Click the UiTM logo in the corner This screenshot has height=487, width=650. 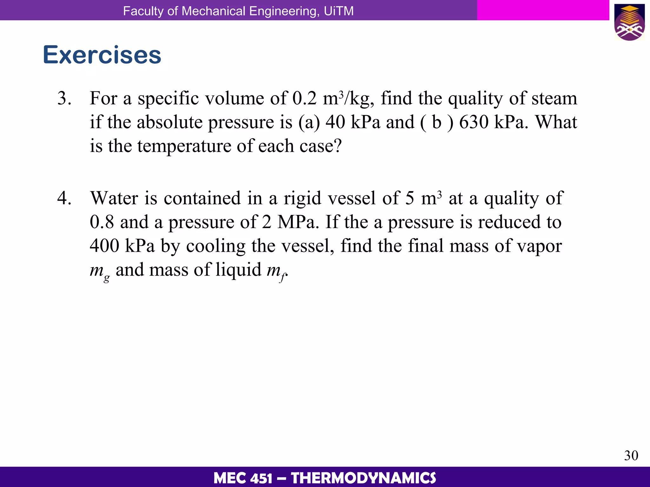point(629,22)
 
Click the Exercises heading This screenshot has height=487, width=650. point(102,55)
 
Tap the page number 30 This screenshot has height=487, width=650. point(631,456)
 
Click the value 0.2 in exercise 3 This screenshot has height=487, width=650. point(304,98)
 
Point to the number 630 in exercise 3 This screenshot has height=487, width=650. point(474,122)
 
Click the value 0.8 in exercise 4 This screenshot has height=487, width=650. point(102,222)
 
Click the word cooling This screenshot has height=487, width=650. point(216,246)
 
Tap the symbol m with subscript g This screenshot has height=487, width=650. point(99,271)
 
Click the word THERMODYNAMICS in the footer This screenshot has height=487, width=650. point(363,478)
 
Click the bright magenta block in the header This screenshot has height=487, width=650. point(543,10)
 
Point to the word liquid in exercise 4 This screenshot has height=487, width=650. point(238,270)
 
